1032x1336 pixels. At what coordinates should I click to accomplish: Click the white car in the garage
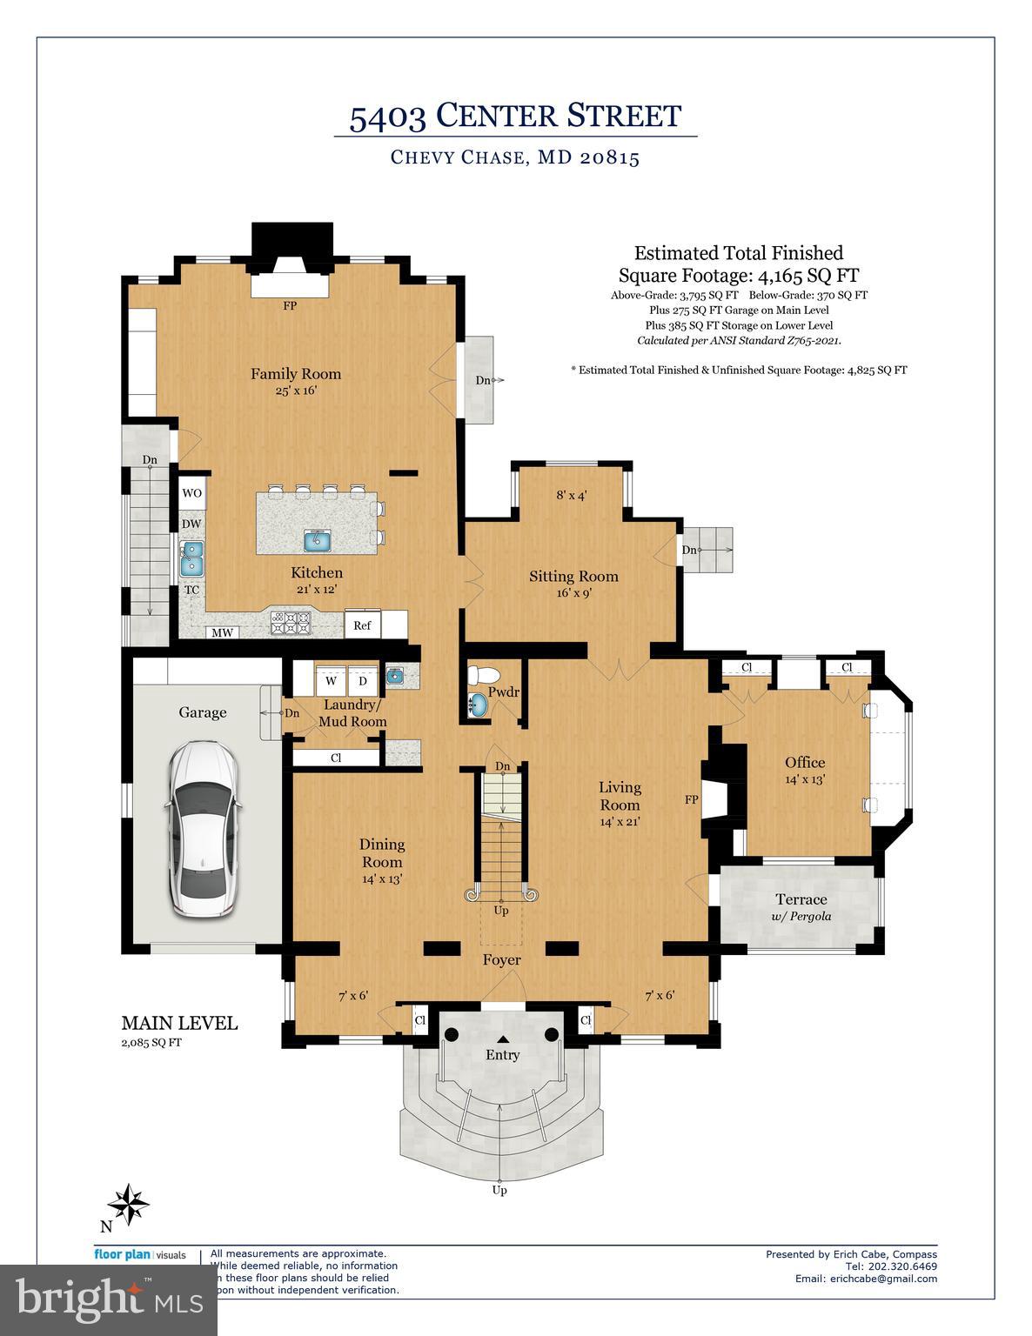pyautogui.click(x=202, y=831)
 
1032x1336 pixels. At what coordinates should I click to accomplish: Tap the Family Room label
pyautogui.click(x=296, y=374)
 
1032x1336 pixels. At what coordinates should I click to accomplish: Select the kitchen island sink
pyautogui.click(x=318, y=540)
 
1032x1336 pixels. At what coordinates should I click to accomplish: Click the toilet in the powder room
pyautogui.click(x=482, y=675)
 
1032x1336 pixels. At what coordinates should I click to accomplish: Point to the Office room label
pyautogui.click(x=804, y=763)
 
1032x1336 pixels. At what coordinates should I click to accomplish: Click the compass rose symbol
pyautogui.click(x=128, y=1205)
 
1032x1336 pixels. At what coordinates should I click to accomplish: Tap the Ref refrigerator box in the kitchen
pyautogui.click(x=362, y=625)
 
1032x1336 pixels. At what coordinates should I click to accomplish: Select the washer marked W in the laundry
pyautogui.click(x=331, y=680)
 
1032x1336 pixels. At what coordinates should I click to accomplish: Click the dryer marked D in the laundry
pyautogui.click(x=363, y=680)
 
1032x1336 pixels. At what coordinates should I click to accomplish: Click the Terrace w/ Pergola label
pyautogui.click(x=801, y=906)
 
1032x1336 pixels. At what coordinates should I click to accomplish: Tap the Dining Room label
pyautogui.click(x=382, y=852)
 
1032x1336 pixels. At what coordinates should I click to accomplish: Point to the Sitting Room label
pyautogui.click(x=573, y=576)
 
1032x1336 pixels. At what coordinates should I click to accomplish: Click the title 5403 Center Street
pyautogui.click(x=515, y=116)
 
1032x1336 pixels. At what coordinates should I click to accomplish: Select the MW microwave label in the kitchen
pyautogui.click(x=223, y=632)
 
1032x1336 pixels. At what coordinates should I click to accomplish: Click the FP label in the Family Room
pyautogui.click(x=290, y=306)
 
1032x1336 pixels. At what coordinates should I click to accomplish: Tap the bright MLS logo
pyautogui.click(x=108, y=1300)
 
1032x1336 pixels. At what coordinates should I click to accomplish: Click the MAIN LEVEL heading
pyautogui.click(x=178, y=1023)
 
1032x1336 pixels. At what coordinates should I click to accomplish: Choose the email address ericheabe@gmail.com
pyautogui.click(x=866, y=1279)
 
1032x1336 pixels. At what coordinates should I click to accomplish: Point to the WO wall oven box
pyautogui.click(x=191, y=493)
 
